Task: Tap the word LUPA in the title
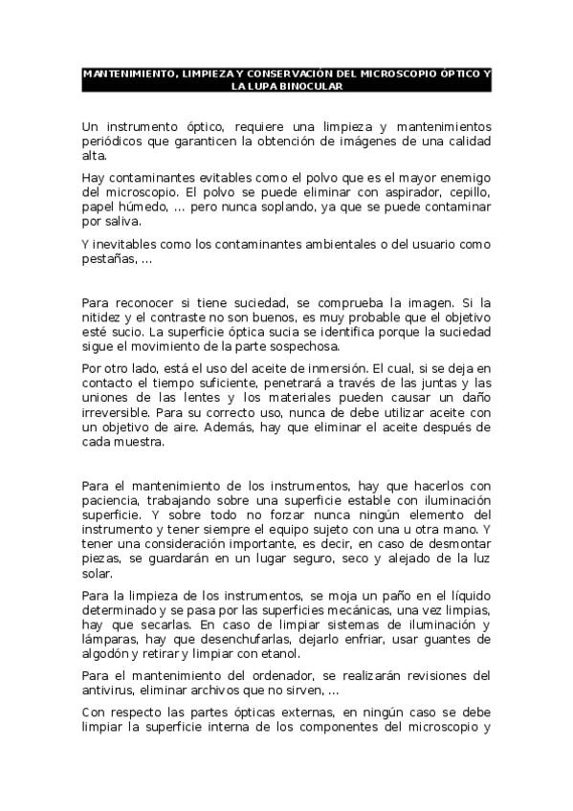pyautogui.click(x=264, y=86)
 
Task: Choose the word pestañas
pyautogui.click(x=108, y=259)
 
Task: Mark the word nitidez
pyautogui.click(x=102, y=317)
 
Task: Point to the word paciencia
pyautogui.click(x=111, y=500)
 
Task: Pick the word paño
pyautogui.click(x=376, y=596)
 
